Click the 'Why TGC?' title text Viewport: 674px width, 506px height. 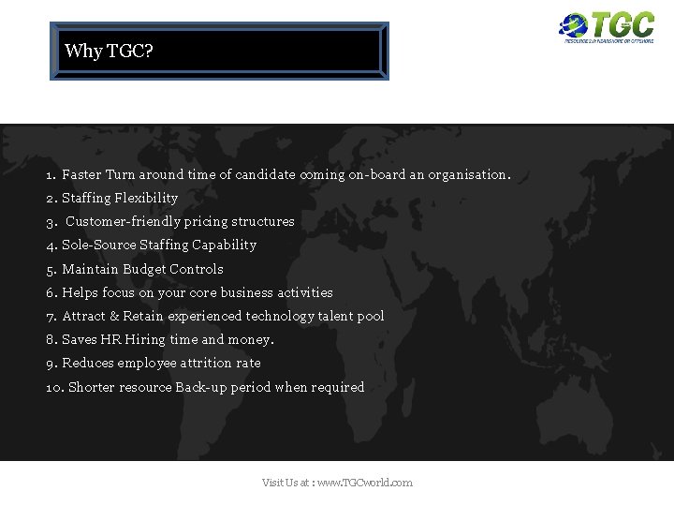tap(109, 51)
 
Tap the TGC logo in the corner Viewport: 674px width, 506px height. tap(607, 27)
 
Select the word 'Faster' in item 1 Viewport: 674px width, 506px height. tap(81, 174)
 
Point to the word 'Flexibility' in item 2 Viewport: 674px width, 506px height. tap(146, 198)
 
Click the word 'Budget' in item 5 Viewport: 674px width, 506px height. tap(144, 269)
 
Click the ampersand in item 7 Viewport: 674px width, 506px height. tap(114, 316)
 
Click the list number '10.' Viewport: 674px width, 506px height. tap(54, 387)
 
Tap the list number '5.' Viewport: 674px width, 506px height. tap(51, 269)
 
